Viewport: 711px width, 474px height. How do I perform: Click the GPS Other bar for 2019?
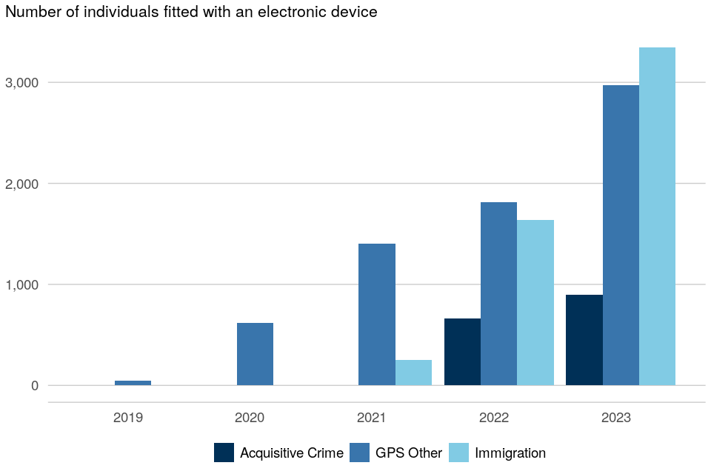(x=133, y=383)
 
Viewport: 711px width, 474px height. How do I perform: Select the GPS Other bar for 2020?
(x=255, y=354)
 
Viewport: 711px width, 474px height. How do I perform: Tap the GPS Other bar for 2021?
(x=377, y=314)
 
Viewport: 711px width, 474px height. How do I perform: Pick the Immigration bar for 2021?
(x=413, y=373)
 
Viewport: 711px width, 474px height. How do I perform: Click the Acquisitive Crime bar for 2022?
(x=462, y=352)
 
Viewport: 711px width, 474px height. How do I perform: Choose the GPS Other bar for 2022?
(x=498, y=293)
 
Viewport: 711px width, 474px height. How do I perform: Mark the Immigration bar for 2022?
(x=535, y=302)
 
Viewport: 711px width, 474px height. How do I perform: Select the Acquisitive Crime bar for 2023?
(x=584, y=340)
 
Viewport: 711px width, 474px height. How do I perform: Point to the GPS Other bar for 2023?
(x=621, y=235)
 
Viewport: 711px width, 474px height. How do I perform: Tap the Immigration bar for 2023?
(x=658, y=216)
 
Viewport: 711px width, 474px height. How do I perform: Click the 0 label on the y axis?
(x=34, y=385)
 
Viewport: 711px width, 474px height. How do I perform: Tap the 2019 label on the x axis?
(x=128, y=418)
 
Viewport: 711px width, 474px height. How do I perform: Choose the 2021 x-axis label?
(x=372, y=418)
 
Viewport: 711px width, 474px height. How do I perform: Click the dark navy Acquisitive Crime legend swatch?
(x=224, y=453)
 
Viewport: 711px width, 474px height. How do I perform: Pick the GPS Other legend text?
(x=409, y=453)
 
